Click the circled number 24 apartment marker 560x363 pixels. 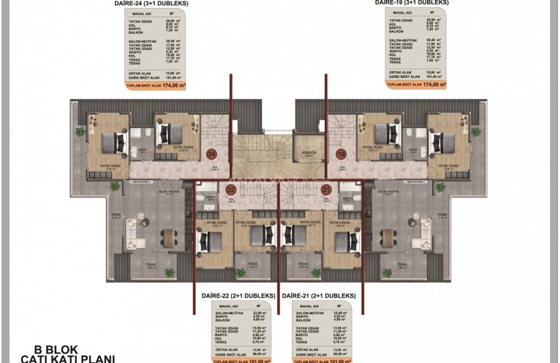pos(211,154)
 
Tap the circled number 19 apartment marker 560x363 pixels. pos(341,154)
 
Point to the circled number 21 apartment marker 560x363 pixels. pos(325,189)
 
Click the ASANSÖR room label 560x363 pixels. pos(310,152)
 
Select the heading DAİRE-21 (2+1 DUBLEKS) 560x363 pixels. pos(319,296)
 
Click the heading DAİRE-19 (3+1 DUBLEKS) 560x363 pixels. pos(412,3)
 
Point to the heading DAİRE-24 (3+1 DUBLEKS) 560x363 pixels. pos(150,3)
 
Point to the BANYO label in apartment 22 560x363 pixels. pos(210,197)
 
